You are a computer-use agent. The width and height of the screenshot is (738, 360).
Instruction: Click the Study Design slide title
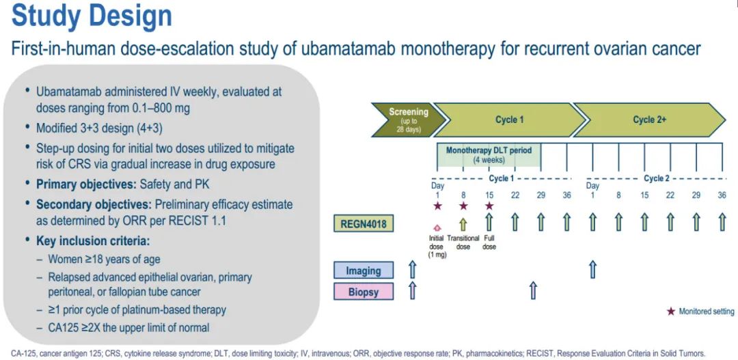click(x=92, y=16)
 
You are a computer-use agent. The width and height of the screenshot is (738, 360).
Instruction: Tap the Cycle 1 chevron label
click(x=509, y=120)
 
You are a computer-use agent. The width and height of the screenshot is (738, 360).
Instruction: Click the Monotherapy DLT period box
click(x=489, y=154)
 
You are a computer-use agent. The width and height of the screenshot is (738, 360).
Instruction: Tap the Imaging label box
click(x=363, y=271)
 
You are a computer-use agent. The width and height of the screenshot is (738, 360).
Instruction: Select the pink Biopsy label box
click(x=363, y=292)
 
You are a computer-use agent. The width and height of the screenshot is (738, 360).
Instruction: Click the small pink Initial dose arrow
click(x=437, y=228)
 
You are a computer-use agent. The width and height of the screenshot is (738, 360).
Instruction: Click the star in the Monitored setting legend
click(x=670, y=311)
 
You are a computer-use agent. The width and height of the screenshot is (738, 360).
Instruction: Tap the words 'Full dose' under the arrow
click(x=489, y=243)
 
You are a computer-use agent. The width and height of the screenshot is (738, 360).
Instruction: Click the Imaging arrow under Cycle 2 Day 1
click(x=592, y=269)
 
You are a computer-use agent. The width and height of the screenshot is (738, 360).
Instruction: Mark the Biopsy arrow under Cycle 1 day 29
click(x=533, y=290)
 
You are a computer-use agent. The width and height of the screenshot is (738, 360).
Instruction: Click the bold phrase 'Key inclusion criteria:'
click(x=96, y=241)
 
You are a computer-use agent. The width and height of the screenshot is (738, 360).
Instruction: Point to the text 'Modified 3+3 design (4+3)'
click(x=100, y=128)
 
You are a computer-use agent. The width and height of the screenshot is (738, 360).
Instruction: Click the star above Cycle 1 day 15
click(x=489, y=206)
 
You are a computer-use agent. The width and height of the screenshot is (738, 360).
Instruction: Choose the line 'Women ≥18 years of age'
click(x=104, y=260)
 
